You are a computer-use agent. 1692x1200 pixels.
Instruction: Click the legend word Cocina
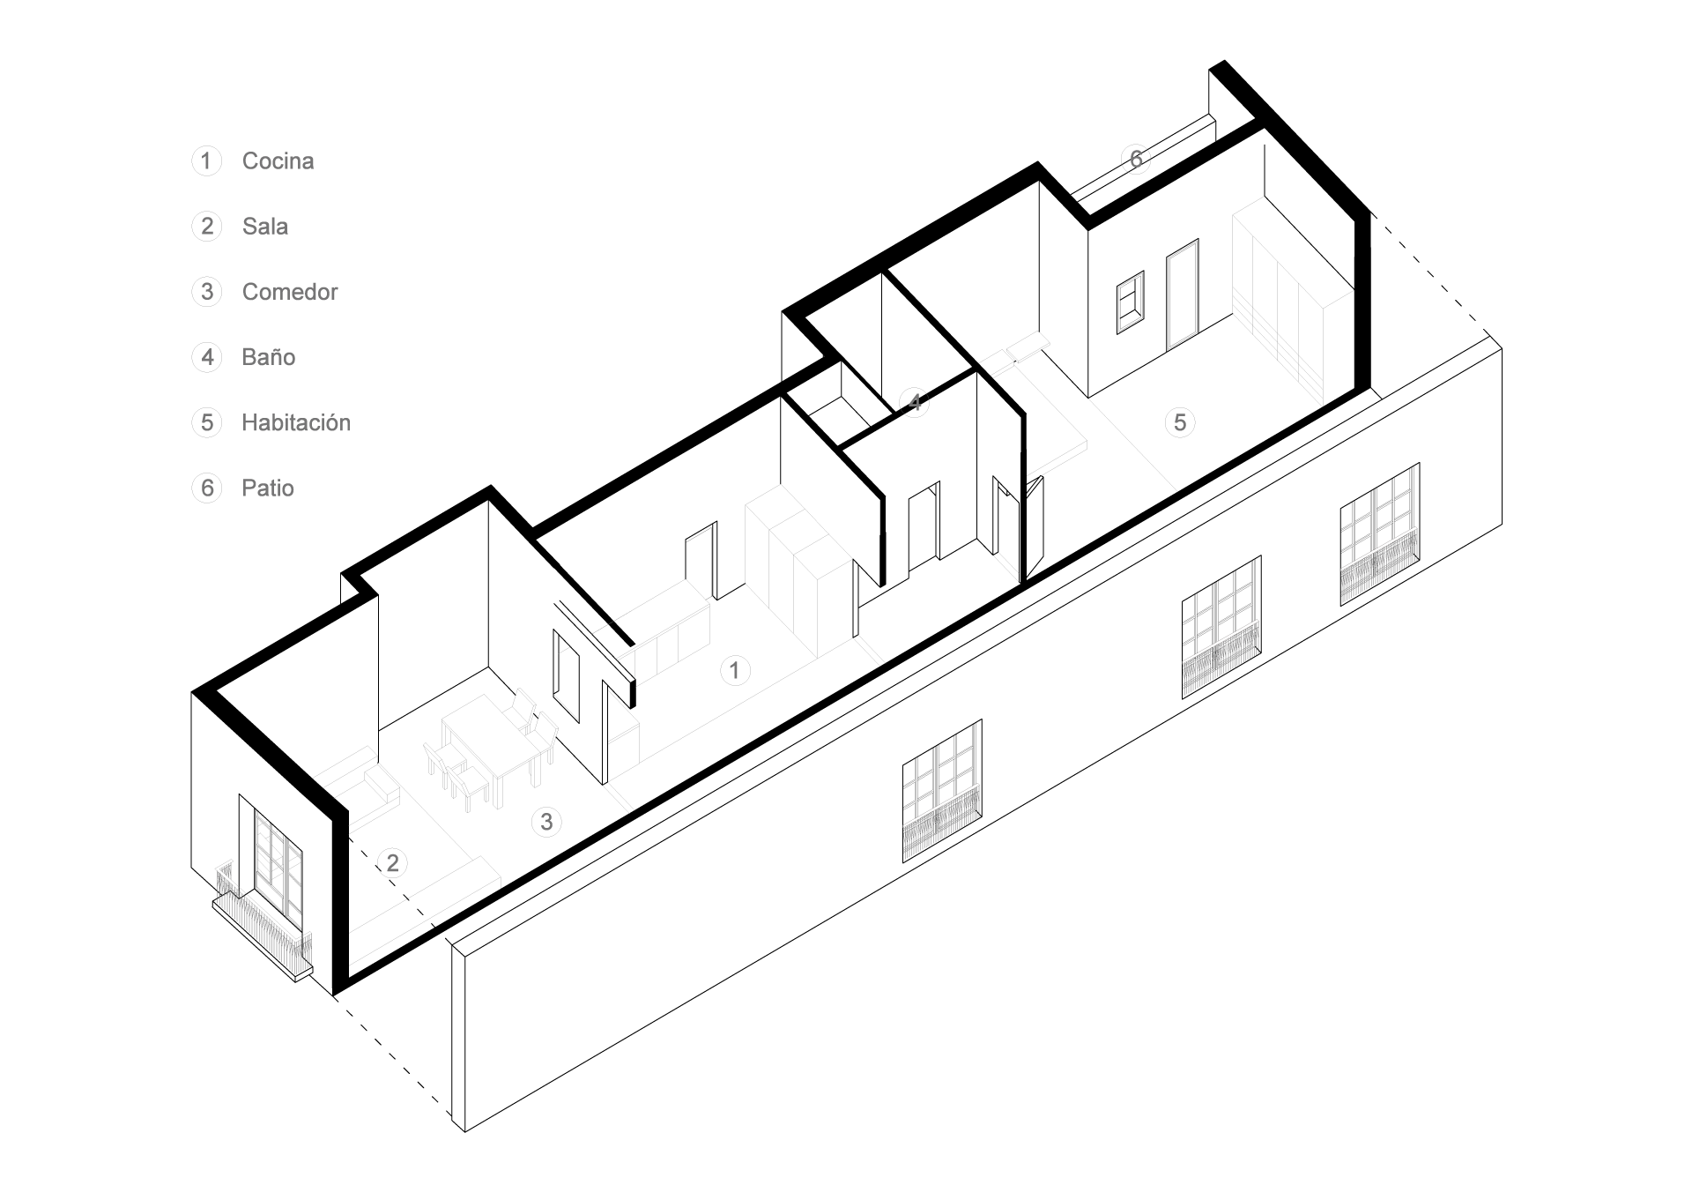click(x=278, y=161)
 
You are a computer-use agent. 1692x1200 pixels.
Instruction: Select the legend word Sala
click(x=264, y=227)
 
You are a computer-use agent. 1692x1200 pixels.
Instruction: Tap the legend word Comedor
click(x=290, y=292)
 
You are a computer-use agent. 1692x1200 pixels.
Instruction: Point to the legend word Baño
click(x=268, y=357)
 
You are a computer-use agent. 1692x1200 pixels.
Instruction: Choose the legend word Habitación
click(x=296, y=422)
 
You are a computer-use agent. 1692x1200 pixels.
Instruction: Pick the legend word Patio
click(x=268, y=488)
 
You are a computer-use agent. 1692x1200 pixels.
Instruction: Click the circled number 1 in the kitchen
click(x=734, y=671)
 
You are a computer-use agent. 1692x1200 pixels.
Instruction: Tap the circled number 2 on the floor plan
click(x=392, y=863)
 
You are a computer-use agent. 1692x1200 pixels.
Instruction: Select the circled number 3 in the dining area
click(x=546, y=822)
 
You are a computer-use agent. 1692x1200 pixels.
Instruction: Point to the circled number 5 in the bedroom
click(x=1179, y=422)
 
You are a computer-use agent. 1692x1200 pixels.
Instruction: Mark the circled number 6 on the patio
click(x=1136, y=159)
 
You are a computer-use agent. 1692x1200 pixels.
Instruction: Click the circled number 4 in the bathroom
click(x=915, y=404)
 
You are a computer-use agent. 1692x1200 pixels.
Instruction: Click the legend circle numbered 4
click(x=206, y=357)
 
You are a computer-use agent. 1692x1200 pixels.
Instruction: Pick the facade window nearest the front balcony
click(x=942, y=791)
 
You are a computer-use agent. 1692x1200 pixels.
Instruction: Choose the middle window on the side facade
click(x=1221, y=627)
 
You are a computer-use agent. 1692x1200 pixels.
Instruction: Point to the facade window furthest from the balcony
click(x=1380, y=534)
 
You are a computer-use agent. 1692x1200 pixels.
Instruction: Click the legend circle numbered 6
click(x=206, y=488)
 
